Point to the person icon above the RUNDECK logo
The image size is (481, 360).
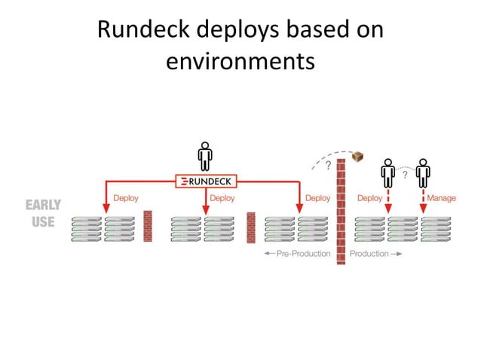(204, 156)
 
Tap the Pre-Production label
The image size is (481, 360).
(297, 254)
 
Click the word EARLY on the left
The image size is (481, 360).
(44, 205)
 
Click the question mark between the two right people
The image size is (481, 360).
(405, 175)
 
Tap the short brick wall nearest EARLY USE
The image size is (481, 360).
(148, 225)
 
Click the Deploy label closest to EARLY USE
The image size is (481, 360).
(126, 198)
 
